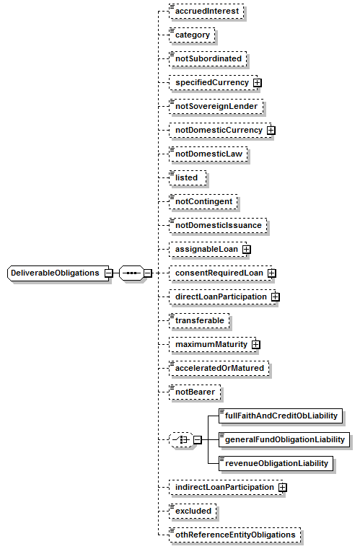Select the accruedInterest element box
coord(206,12)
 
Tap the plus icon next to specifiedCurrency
coord(258,83)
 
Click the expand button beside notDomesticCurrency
coord(271,131)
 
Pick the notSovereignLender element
coord(216,107)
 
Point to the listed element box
coord(188,178)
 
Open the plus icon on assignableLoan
coord(247,250)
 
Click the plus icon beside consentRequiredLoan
coord(272,273)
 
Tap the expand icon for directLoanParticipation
coord(276,297)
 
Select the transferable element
coord(199,321)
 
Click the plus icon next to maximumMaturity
coord(256,345)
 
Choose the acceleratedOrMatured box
coord(219,369)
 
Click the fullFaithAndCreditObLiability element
coord(281,416)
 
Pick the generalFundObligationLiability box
coord(284,440)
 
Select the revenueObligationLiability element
coord(276,464)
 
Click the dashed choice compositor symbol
coord(181,440)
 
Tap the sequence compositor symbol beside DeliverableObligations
coord(131,273)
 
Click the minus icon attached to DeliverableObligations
coord(109,273)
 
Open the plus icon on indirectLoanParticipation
coord(283,488)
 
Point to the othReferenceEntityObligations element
coord(234,535)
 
